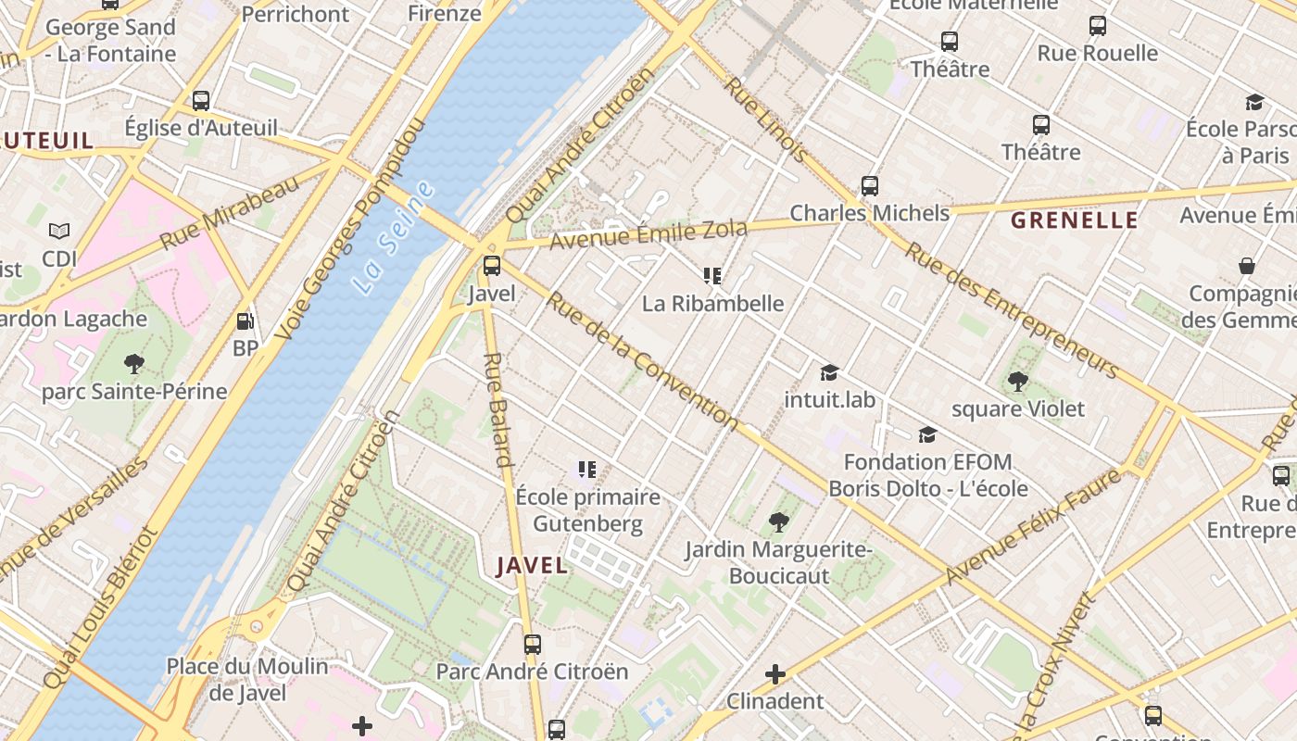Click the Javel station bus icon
(x=492, y=266)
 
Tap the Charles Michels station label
(x=869, y=213)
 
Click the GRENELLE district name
(x=1074, y=220)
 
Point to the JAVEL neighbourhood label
(x=531, y=565)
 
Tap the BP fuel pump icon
(x=246, y=321)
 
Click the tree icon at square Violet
(x=1017, y=381)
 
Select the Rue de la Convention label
(x=641, y=362)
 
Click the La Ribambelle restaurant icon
(x=712, y=275)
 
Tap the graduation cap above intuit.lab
(x=829, y=372)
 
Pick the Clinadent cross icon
(x=775, y=673)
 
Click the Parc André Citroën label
(x=532, y=672)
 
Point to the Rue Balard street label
(x=498, y=409)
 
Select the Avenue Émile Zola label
(x=648, y=235)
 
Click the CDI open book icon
(x=59, y=231)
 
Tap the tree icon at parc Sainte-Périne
(x=133, y=363)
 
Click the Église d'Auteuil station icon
(x=201, y=101)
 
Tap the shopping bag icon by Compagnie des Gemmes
(x=1247, y=267)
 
